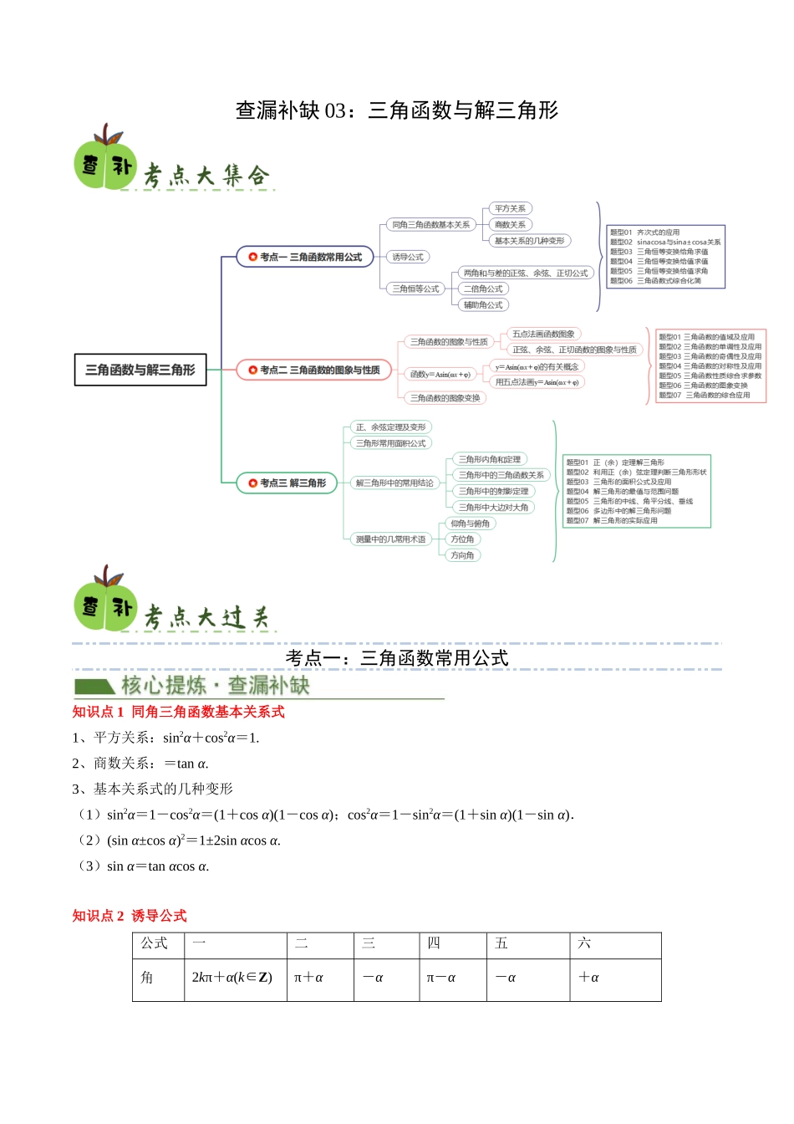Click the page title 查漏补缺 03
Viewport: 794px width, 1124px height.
tap(396, 110)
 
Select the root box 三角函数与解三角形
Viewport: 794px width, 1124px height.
tap(140, 370)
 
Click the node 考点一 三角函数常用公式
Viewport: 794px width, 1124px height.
tap(305, 257)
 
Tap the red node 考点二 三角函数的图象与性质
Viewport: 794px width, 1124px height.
tap(314, 370)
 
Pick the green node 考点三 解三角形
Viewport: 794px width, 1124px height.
tap(287, 483)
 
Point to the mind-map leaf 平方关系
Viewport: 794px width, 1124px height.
tap(510, 208)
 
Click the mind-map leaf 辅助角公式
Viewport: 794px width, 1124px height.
tap(483, 305)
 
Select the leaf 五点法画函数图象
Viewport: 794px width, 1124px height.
tap(543, 334)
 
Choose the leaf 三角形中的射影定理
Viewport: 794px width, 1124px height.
tap(493, 491)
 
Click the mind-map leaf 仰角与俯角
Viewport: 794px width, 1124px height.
tap(470, 524)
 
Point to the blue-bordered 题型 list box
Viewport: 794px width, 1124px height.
tap(665, 257)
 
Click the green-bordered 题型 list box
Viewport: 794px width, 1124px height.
tap(636, 491)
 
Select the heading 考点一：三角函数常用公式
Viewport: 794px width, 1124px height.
tap(396, 658)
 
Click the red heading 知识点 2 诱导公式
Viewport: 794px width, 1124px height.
tap(130, 916)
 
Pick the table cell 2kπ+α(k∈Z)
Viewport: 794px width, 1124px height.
tap(232, 978)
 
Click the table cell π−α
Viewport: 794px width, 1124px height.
tap(441, 978)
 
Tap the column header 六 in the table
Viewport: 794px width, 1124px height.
tap(584, 943)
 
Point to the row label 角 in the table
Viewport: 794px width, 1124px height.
tap(147, 978)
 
